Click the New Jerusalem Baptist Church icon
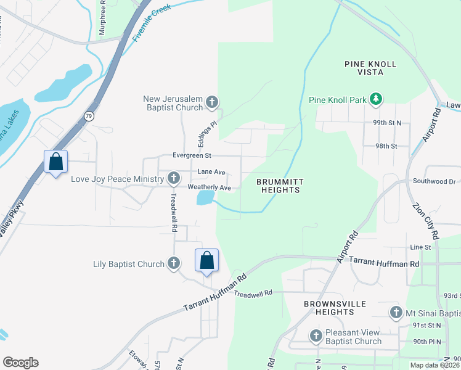click(212, 102)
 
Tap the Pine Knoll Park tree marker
click(375, 99)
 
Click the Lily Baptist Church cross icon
click(174, 264)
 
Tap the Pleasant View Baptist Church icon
click(316, 336)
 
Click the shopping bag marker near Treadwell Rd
click(207, 260)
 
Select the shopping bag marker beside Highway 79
click(56, 162)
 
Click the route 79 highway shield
click(89, 116)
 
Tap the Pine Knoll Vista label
click(370, 68)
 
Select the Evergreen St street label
click(192, 155)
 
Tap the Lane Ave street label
click(211, 172)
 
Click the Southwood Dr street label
click(434, 182)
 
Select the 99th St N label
click(386, 123)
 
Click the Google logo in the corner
click(20, 363)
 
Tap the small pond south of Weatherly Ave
click(205, 198)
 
